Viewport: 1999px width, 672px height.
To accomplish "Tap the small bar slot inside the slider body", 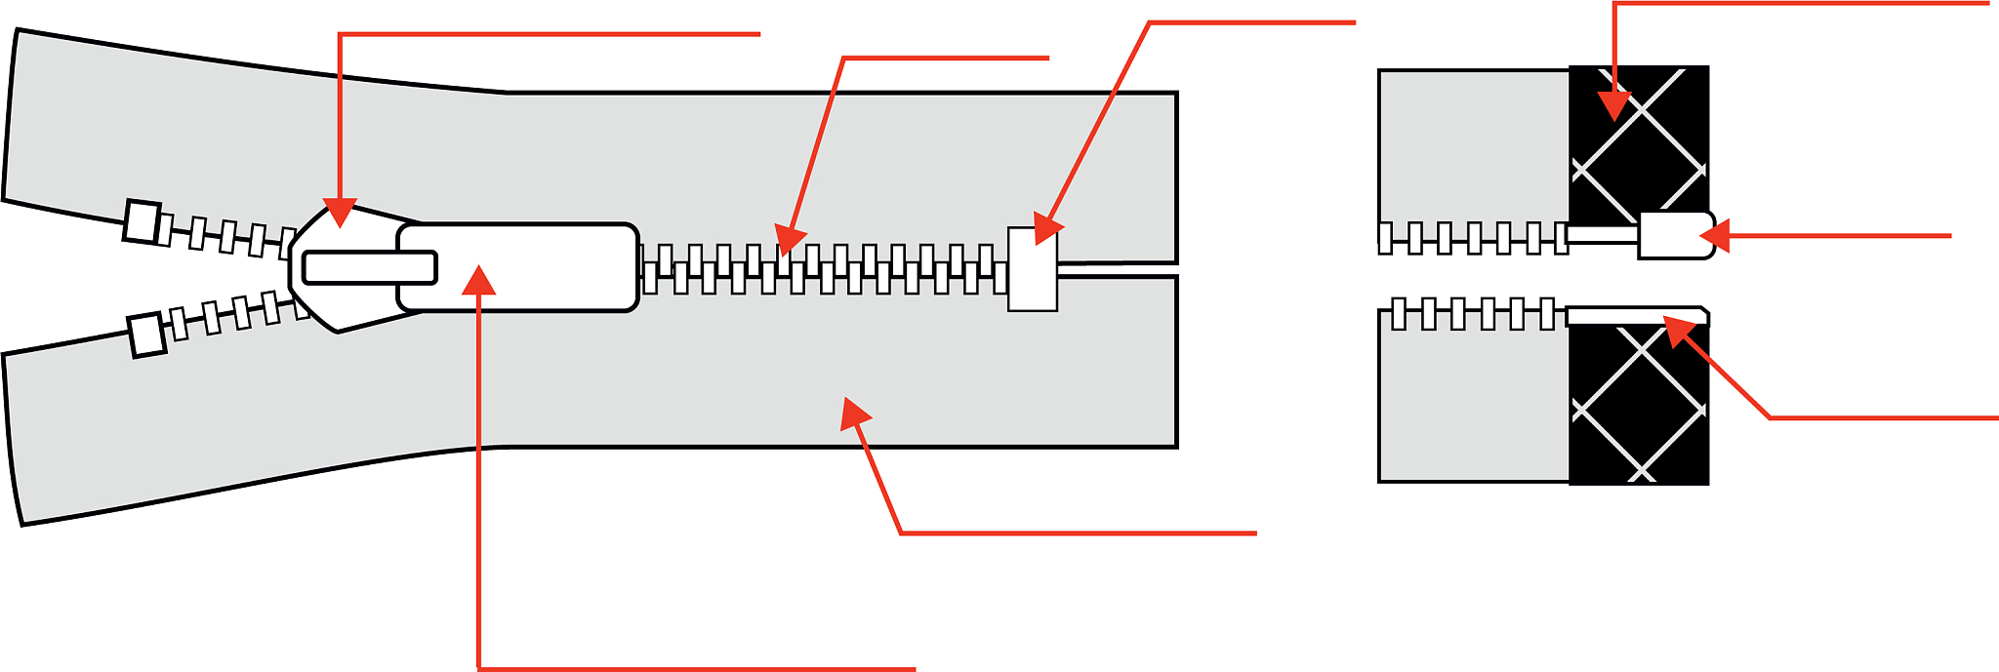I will tap(369, 267).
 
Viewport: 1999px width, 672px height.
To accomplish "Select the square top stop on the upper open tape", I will tap(143, 221).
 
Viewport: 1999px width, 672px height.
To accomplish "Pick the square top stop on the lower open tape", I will tap(147, 336).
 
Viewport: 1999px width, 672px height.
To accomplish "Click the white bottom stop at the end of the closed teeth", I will tap(1032, 270).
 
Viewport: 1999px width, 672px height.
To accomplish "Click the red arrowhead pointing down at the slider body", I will tap(340, 213).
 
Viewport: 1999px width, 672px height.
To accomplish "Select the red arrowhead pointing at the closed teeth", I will tap(791, 239).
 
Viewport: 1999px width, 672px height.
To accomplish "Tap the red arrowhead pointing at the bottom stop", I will tap(1045, 231).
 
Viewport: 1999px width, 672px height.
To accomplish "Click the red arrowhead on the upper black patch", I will tap(1615, 104).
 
